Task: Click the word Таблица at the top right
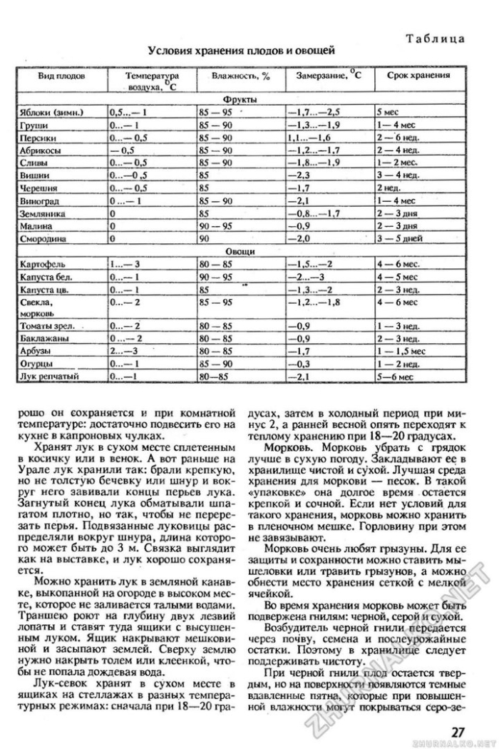click(437, 38)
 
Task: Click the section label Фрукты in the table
click(240, 100)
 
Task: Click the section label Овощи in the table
click(240, 252)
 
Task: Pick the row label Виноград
click(39, 200)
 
